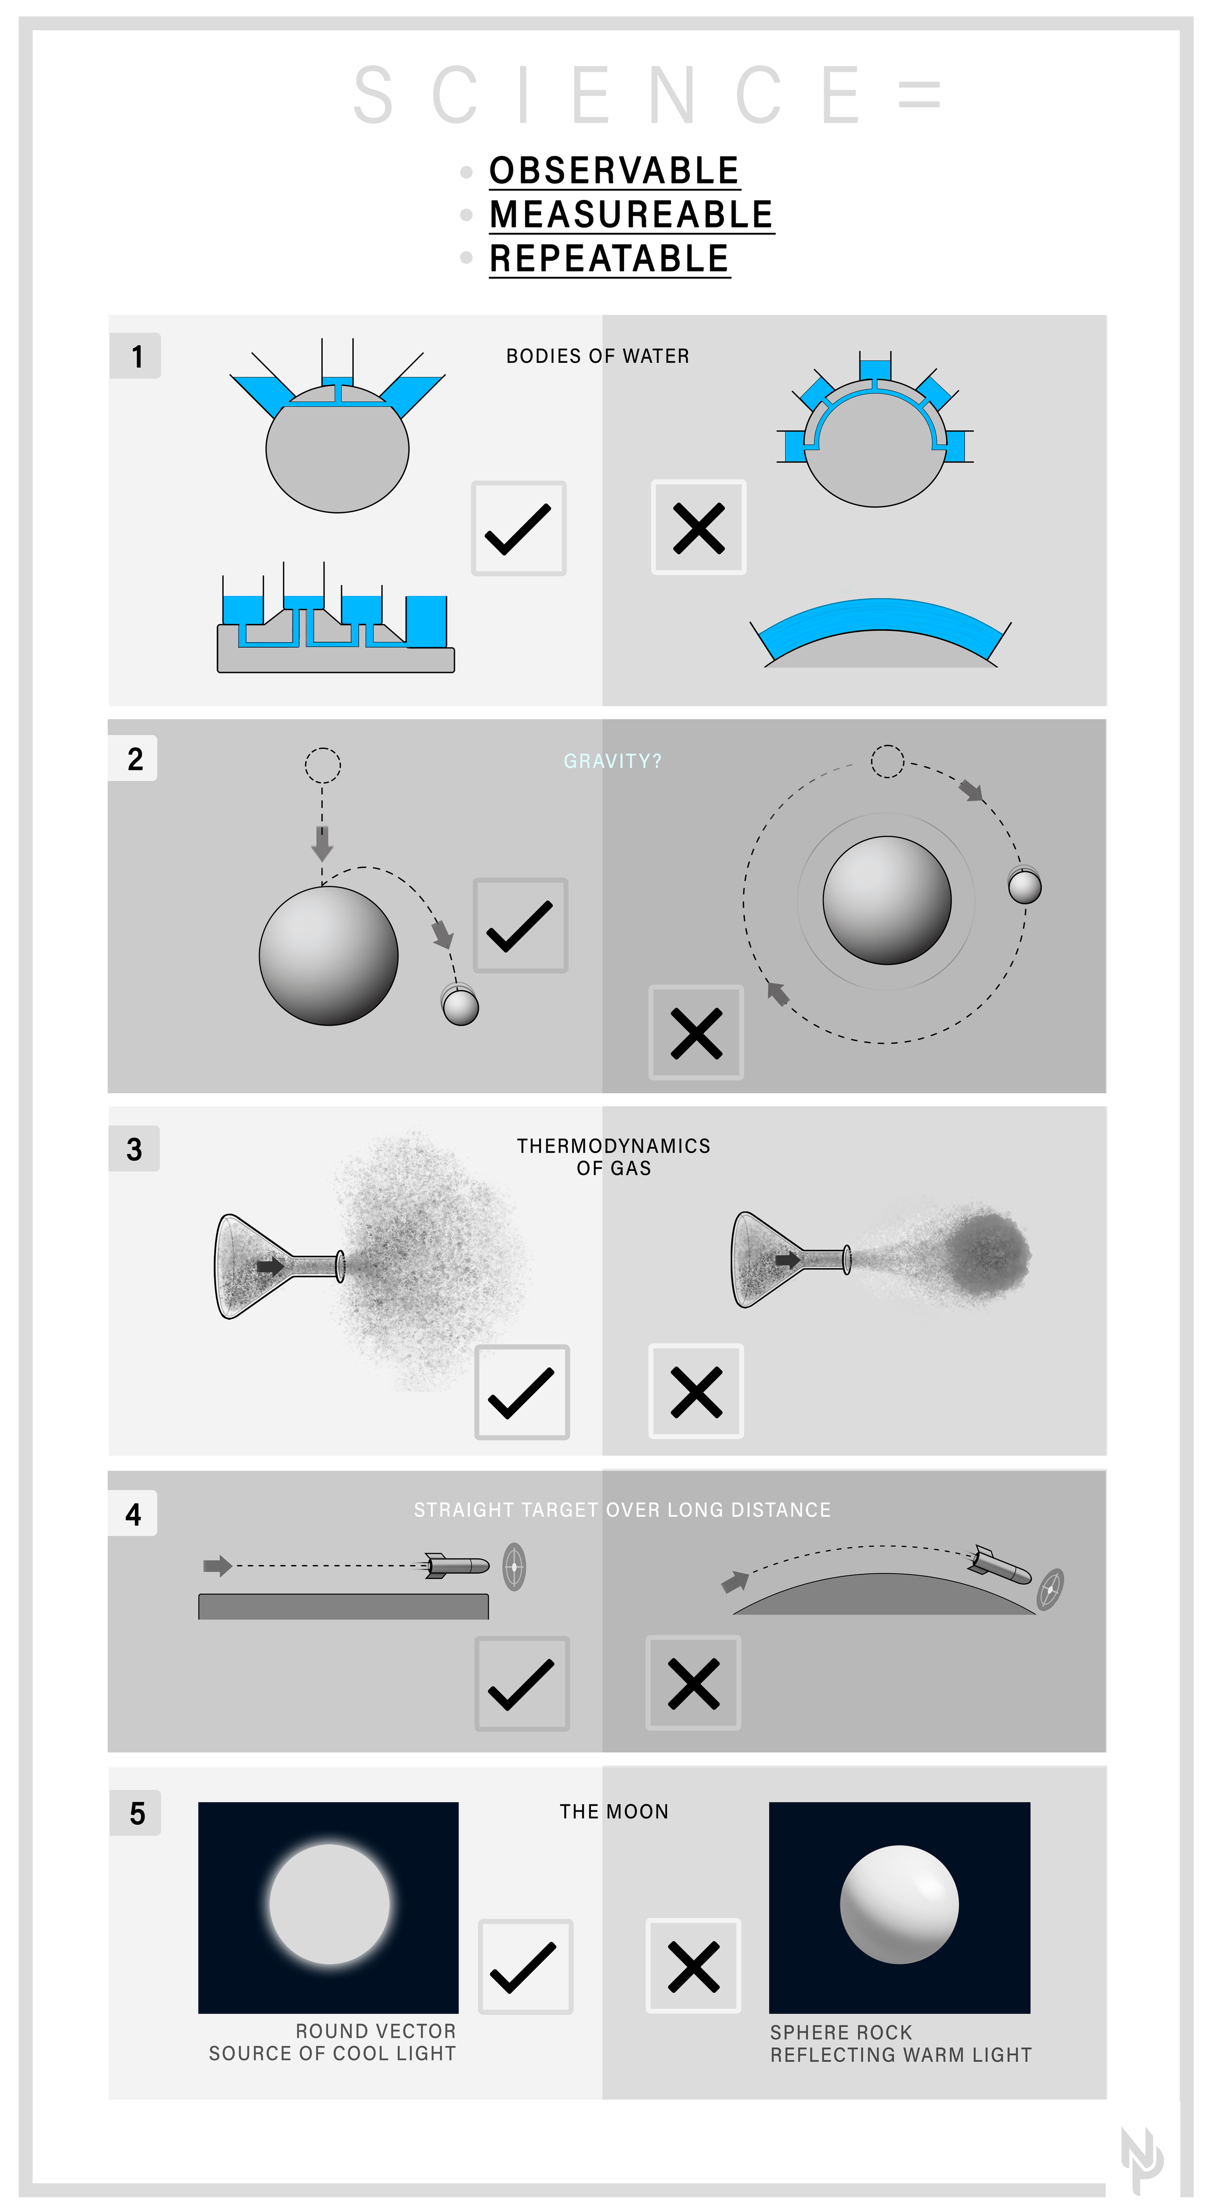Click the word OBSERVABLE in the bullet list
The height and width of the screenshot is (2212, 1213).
(614, 171)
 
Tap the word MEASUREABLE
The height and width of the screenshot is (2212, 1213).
(631, 214)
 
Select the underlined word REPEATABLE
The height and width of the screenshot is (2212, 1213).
(608, 259)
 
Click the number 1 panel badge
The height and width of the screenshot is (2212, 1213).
(136, 356)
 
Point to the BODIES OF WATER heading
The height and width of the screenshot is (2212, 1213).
(597, 356)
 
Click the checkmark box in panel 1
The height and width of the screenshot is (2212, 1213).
(519, 528)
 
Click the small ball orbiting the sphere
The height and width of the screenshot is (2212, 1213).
(1024, 886)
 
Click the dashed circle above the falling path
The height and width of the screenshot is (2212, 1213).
(323, 765)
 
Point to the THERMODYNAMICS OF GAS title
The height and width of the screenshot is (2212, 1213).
(614, 1157)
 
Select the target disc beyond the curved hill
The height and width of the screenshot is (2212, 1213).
(1051, 1589)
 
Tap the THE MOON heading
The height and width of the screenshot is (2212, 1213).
(614, 1812)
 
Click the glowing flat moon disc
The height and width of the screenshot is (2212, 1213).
(329, 1904)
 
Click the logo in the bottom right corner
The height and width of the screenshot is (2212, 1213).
(1142, 2160)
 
